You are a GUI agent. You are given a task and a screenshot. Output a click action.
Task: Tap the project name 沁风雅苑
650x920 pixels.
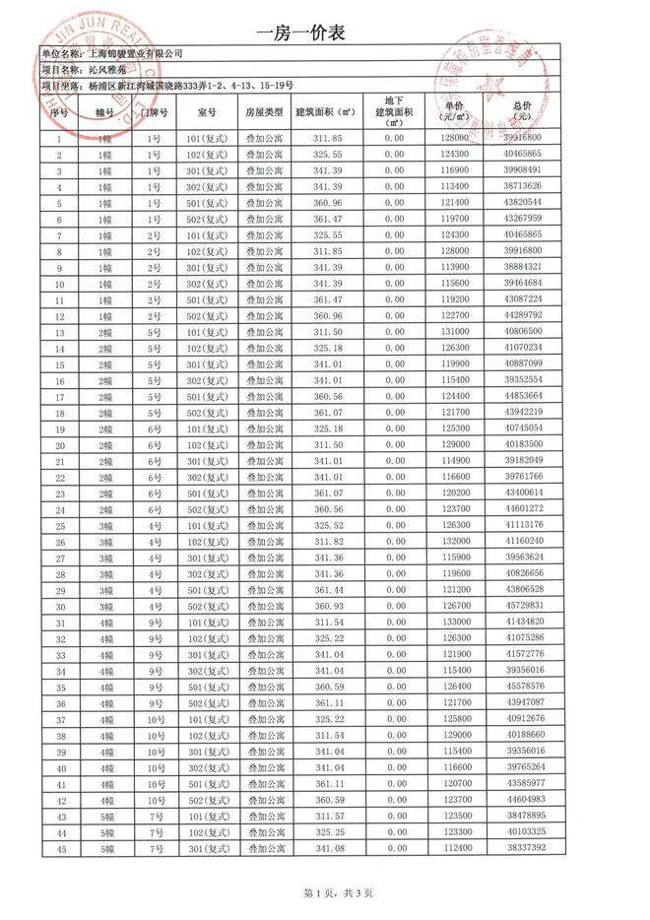(x=106, y=71)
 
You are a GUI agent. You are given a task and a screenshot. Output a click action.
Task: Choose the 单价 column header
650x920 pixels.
(x=454, y=111)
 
